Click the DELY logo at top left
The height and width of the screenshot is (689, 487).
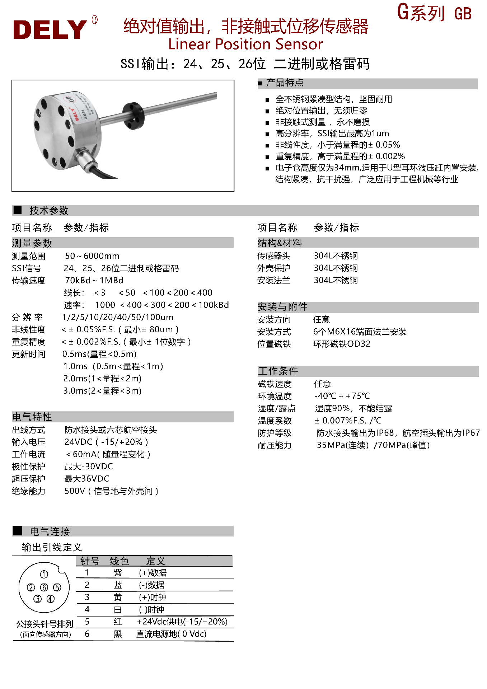coord(50,29)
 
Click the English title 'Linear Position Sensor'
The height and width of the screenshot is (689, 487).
coord(245,44)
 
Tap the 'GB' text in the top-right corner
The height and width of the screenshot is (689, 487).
coord(463,14)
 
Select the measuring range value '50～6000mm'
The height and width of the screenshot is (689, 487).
coord(92,256)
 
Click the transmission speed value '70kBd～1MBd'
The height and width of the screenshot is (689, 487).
coord(94,280)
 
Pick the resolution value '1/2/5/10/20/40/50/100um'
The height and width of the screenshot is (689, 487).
coord(118,317)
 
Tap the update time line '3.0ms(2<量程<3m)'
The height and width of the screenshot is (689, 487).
coord(103,391)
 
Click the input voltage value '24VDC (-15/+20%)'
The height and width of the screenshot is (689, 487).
coord(106,442)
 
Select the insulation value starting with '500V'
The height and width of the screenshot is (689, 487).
coord(111,491)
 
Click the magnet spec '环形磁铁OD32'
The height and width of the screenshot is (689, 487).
coord(342,344)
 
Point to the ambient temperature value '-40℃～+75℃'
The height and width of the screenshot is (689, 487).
coord(342,396)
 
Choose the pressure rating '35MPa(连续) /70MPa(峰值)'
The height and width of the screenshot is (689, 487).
coord(373,445)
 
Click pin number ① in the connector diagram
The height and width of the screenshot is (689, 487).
coord(44,575)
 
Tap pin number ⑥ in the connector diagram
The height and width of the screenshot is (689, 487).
coord(44,587)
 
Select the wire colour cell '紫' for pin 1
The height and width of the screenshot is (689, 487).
coord(118,573)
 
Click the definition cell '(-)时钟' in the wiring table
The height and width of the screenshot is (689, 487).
coord(151,609)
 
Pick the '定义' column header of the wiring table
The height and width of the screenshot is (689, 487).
coord(155,561)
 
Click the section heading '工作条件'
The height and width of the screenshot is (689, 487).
coord(278,371)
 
